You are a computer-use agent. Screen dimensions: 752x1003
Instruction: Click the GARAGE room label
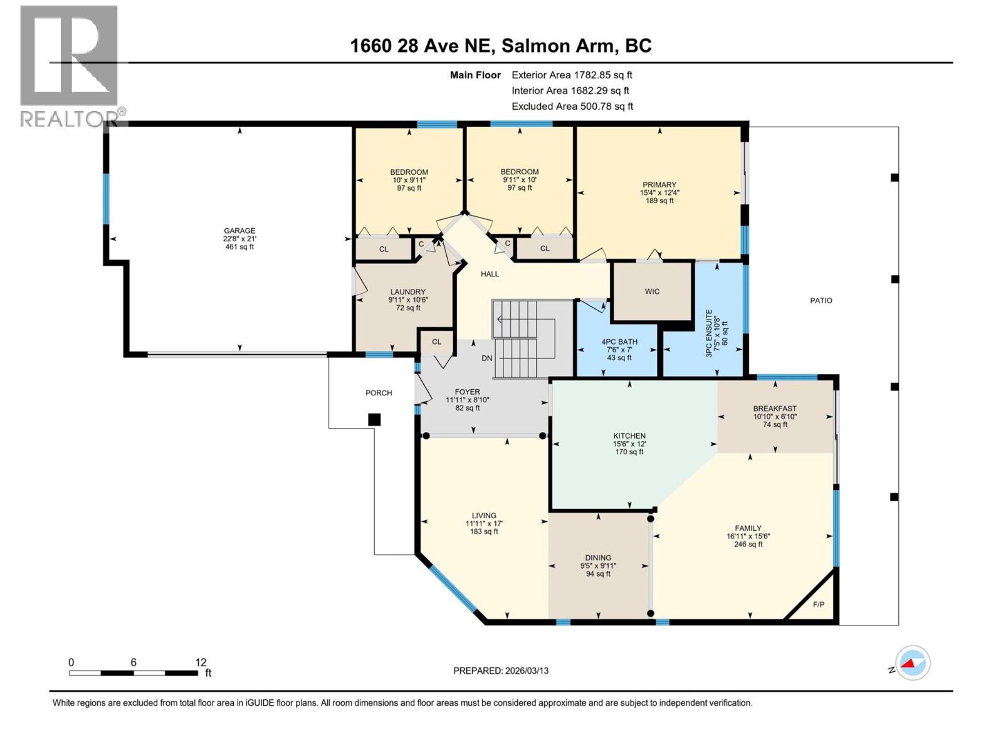pyautogui.click(x=239, y=231)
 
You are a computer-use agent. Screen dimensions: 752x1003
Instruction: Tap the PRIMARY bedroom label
pyautogui.click(x=659, y=185)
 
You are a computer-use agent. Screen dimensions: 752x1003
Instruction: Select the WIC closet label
pyautogui.click(x=652, y=291)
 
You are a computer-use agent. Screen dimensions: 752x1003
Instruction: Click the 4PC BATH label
pyautogui.click(x=619, y=342)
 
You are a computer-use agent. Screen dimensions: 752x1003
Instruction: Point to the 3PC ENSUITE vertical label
pyautogui.click(x=710, y=333)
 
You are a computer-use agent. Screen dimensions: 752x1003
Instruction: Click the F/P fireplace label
pyautogui.click(x=818, y=605)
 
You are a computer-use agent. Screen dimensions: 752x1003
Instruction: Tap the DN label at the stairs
pyautogui.click(x=487, y=358)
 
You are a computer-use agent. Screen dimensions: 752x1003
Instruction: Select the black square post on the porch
pyautogui.click(x=374, y=420)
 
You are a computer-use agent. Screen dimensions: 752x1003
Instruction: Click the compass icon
pyautogui.click(x=913, y=662)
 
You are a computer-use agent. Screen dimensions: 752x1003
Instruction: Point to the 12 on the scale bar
pyautogui.click(x=201, y=662)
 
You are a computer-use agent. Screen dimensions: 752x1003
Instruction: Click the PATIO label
pyautogui.click(x=821, y=301)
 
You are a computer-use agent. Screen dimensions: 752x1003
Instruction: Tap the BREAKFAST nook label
pyautogui.click(x=775, y=409)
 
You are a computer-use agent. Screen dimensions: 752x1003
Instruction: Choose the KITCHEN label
pyautogui.click(x=629, y=436)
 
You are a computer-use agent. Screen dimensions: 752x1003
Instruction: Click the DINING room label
pyautogui.click(x=598, y=558)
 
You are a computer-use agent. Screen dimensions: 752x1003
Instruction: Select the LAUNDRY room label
pyautogui.click(x=407, y=292)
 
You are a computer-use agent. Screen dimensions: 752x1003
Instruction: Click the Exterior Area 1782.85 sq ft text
pyautogui.click(x=572, y=75)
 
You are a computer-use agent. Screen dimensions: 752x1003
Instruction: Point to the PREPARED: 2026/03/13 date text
pyautogui.click(x=501, y=671)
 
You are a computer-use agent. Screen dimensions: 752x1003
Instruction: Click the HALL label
pyautogui.click(x=490, y=274)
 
